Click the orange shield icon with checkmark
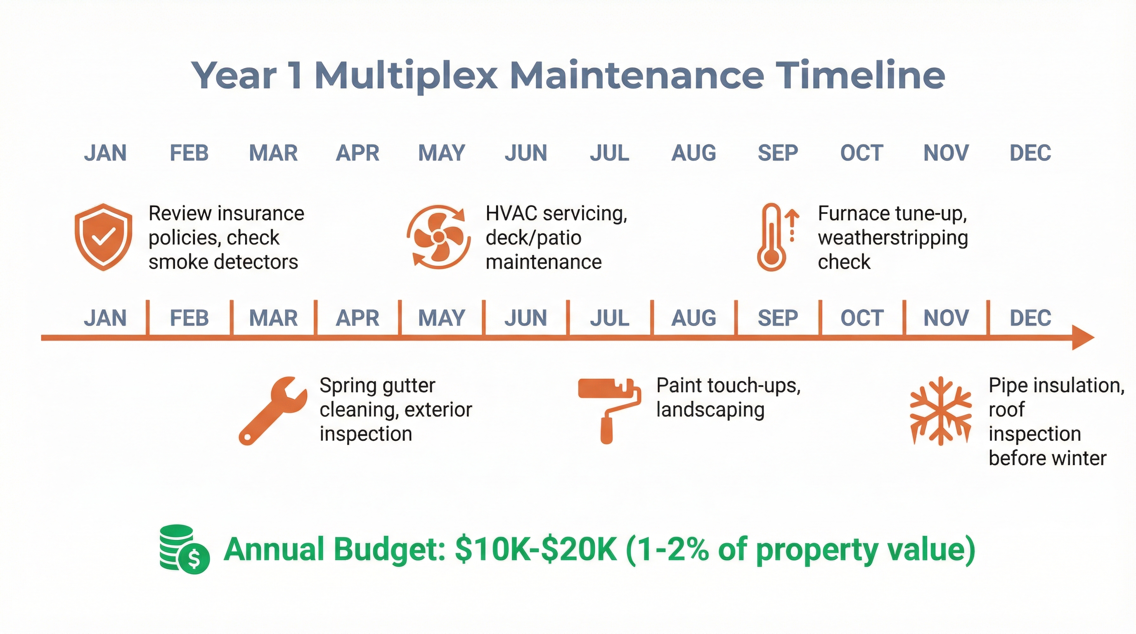[103, 237]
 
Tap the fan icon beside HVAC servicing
[438, 237]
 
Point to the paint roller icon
[609, 409]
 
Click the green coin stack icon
[183, 549]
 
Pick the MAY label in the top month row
[441, 153]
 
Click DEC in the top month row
[1030, 153]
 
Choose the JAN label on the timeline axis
[105, 318]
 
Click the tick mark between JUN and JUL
[568, 317]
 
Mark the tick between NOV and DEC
[988, 317]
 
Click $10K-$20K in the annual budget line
[535, 549]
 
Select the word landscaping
[710, 410]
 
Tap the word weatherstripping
[892, 238]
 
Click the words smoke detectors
[223, 262]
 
